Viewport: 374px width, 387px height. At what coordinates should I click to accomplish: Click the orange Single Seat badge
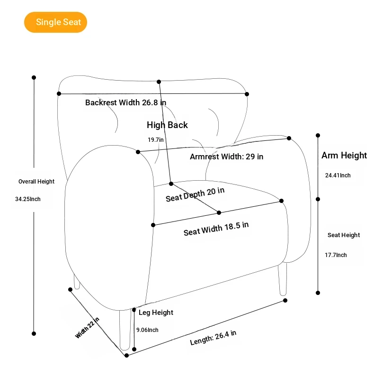(55, 22)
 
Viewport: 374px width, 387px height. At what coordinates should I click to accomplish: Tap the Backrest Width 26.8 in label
(125, 102)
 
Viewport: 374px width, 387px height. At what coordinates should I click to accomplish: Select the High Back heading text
(167, 125)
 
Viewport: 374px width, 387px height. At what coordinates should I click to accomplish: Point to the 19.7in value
(155, 140)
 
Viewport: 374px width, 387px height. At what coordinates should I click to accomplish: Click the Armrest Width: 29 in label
(226, 157)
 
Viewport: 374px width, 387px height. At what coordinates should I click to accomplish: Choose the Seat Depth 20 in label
(195, 194)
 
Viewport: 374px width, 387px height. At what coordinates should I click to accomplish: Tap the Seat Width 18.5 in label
(216, 229)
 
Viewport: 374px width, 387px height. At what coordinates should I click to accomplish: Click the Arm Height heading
(344, 155)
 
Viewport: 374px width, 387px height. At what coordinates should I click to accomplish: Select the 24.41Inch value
(338, 175)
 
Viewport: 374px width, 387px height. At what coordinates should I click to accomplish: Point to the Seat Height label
(344, 235)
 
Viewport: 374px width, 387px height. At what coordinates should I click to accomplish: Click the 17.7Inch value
(336, 255)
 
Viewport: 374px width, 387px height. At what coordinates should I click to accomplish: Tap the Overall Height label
(36, 182)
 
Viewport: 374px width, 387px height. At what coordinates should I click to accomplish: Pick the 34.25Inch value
(28, 199)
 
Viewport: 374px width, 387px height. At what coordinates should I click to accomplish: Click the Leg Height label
(156, 313)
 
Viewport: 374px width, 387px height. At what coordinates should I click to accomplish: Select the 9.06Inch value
(147, 330)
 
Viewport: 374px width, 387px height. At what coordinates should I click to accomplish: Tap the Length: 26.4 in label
(213, 338)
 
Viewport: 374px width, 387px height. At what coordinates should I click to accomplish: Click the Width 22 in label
(87, 328)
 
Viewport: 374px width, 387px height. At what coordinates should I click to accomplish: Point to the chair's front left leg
(125, 330)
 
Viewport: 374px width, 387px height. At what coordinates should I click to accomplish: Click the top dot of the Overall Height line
(34, 77)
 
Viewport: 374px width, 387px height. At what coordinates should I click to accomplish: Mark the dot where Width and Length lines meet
(126, 355)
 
